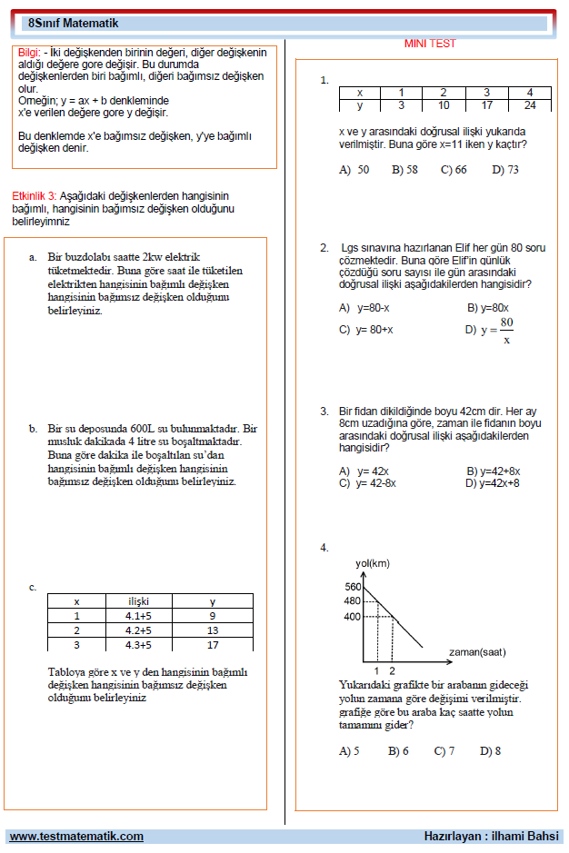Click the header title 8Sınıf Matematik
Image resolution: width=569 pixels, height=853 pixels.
(x=64, y=20)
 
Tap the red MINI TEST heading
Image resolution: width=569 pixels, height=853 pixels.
(x=430, y=44)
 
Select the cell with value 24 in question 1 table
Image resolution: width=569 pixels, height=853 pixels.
(x=530, y=105)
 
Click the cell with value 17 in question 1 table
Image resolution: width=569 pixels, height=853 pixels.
(x=486, y=105)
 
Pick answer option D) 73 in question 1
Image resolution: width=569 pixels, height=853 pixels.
(x=505, y=170)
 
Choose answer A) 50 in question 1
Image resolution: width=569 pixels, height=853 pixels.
(x=354, y=170)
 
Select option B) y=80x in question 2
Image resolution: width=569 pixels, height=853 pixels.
(x=487, y=308)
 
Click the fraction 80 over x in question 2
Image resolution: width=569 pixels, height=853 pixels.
(x=506, y=331)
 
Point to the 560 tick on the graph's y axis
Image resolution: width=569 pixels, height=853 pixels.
(x=353, y=587)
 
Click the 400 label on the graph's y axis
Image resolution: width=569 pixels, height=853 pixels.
(x=353, y=618)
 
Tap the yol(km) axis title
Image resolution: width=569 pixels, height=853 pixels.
(x=372, y=564)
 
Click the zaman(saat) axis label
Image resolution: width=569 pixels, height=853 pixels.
(x=477, y=652)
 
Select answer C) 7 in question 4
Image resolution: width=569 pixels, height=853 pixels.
(x=444, y=751)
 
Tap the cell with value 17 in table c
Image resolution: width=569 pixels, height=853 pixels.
(x=212, y=645)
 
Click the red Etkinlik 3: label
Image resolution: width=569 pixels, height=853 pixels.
(x=35, y=196)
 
